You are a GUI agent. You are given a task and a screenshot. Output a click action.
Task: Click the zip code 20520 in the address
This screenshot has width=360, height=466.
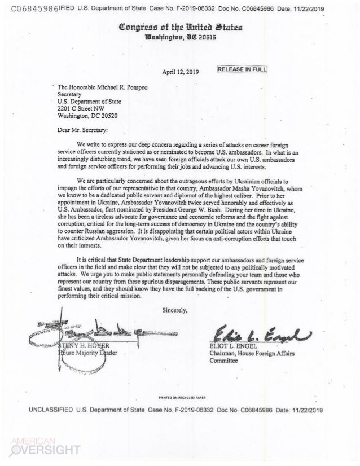109,113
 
